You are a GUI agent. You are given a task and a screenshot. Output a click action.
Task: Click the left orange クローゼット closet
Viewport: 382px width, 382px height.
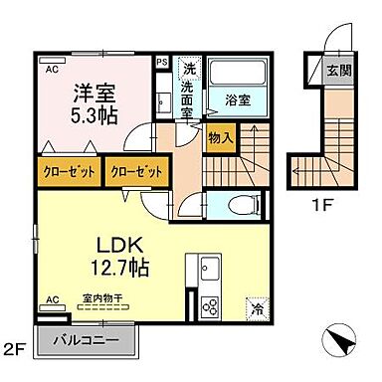(70, 170)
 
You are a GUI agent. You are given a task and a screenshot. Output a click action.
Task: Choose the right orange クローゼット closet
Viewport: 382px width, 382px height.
(135, 170)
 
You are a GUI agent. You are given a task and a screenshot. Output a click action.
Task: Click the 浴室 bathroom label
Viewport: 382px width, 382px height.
(237, 99)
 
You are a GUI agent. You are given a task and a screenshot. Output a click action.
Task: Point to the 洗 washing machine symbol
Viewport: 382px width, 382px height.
(188, 70)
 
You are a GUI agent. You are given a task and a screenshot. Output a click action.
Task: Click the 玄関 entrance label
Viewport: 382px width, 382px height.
(338, 72)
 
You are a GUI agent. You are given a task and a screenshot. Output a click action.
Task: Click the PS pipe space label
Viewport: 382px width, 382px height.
(163, 62)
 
